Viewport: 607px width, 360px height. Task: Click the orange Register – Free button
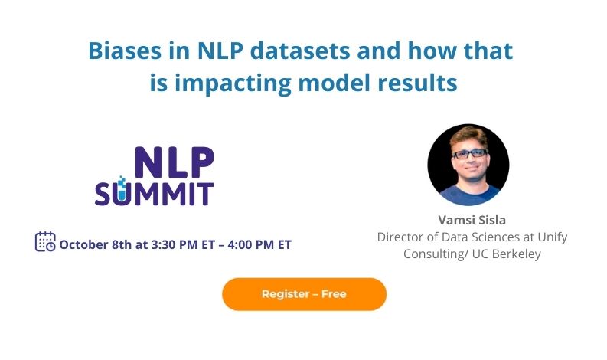[305, 294]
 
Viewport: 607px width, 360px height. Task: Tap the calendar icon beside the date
[45, 242]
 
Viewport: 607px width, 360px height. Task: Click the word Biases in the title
[125, 51]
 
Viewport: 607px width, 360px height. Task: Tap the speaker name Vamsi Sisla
[472, 220]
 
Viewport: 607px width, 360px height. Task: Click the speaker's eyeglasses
[469, 154]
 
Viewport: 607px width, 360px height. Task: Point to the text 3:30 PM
[175, 244]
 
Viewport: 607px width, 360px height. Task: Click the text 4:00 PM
[251, 244]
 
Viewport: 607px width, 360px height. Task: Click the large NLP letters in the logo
[175, 162]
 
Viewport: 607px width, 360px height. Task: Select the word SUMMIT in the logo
[154, 193]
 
